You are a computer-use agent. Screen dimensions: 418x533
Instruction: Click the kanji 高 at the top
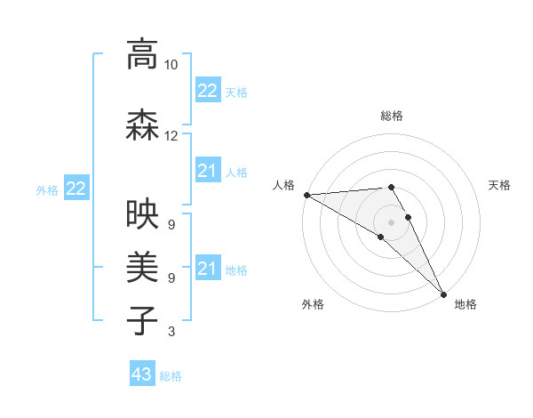pos(142,55)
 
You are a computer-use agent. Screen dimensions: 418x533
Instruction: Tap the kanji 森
pos(142,126)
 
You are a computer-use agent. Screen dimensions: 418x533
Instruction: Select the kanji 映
pos(142,213)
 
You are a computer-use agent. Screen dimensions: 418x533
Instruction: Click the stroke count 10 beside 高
pos(171,65)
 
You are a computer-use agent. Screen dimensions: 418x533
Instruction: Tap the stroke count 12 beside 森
pos(171,136)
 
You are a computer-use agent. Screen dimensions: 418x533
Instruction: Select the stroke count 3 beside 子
pos(171,332)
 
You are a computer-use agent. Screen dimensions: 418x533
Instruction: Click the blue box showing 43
pos(142,374)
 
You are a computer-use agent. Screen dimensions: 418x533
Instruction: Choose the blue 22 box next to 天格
pos(208,91)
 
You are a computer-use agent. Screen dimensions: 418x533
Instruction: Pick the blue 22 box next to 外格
pos(76,189)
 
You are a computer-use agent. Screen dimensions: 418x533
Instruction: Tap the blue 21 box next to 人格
pos(208,171)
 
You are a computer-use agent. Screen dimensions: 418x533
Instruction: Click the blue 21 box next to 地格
pos(208,269)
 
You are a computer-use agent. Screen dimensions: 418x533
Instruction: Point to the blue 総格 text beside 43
pos(171,376)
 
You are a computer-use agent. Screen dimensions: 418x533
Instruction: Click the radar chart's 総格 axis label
pos(391,116)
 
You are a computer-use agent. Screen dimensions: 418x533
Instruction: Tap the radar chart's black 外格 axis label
pos(313,304)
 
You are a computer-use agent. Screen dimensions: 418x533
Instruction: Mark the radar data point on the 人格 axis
pos(306,195)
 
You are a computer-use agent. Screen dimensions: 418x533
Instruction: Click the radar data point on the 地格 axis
pos(443,292)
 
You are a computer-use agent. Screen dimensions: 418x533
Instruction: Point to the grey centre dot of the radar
pos(391,222)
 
